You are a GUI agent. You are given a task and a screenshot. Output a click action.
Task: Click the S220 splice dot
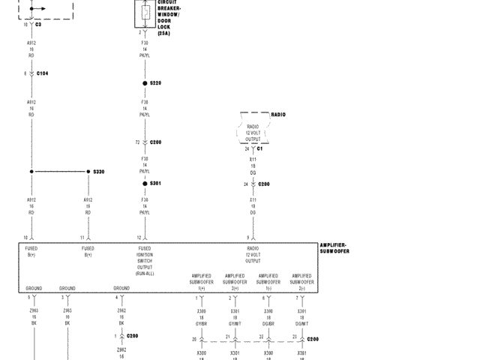[145, 83]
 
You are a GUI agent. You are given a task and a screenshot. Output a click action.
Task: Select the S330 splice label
[99, 172]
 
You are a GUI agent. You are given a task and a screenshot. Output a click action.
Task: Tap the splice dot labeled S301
[145, 184]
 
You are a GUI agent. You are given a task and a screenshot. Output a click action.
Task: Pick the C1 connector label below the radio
[259, 148]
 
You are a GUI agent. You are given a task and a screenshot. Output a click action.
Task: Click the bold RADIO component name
[277, 115]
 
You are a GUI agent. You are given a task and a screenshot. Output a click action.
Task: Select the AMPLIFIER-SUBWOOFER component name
[334, 248]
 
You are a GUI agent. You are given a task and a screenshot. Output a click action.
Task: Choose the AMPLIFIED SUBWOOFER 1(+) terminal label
[202, 282]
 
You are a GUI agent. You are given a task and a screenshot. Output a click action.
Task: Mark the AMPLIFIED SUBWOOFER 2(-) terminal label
[301, 282]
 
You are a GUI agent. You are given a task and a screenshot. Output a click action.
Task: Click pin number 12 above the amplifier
[139, 237]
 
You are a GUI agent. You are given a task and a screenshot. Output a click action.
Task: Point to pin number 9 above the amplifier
[248, 237]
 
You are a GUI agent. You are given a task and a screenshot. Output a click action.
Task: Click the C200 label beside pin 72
[155, 142]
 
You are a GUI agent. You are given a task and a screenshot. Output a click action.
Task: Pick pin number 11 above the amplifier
[82, 237]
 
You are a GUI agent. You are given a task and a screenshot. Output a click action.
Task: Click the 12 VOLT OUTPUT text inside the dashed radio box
[253, 136]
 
